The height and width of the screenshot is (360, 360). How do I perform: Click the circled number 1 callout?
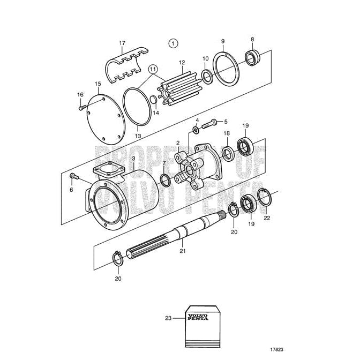(x=173, y=42)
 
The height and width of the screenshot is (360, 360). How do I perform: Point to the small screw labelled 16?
(x=81, y=107)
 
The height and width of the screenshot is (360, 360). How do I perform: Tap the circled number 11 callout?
(x=153, y=69)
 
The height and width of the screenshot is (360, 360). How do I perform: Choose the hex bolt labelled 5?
(x=211, y=122)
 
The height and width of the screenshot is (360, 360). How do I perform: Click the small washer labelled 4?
(x=197, y=130)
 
